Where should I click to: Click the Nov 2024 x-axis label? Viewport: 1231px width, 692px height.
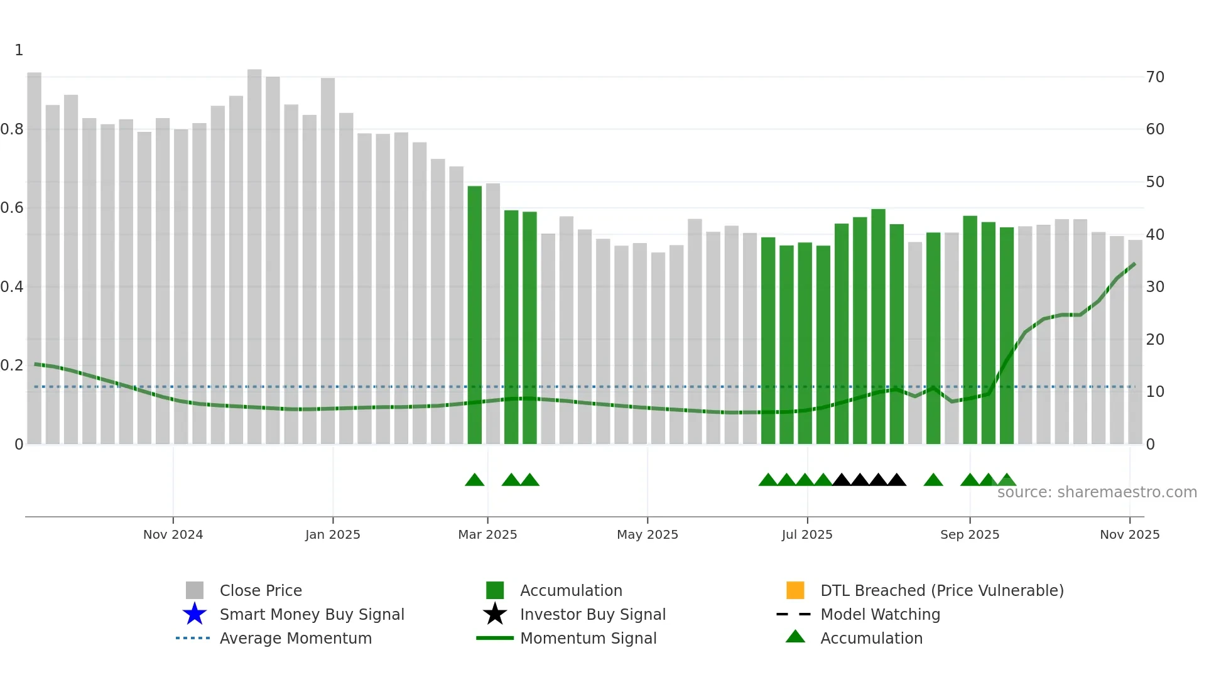tap(173, 534)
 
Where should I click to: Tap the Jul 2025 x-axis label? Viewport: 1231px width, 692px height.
tap(806, 534)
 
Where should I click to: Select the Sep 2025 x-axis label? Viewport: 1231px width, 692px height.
tap(969, 534)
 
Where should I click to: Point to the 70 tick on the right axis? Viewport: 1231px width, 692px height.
tap(1155, 77)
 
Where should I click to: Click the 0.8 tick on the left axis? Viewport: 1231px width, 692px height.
tap(13, 129)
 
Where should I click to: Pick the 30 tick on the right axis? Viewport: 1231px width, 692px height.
tap(1155, 287)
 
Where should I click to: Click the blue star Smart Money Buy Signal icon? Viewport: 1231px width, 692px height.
tap(195, 614)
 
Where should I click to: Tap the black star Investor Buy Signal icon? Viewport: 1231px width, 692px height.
tap(495, 614)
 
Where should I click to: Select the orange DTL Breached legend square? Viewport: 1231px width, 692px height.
tap(795, 590)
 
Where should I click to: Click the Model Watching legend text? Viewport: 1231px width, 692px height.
tap(880, 614)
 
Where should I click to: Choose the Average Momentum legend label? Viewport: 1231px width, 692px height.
tap(295, 638)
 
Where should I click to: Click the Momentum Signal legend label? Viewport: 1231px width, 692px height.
tap(588, 638)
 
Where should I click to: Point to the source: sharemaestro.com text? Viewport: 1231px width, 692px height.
tap(1097, 492)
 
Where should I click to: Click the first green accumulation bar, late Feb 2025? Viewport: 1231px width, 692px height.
tap(475, 314)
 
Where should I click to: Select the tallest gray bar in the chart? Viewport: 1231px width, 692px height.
tap(254, 257)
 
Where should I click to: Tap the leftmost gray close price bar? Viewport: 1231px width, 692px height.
tap(35, 257)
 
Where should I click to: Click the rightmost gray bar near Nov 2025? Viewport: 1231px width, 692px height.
tap(1135, 342)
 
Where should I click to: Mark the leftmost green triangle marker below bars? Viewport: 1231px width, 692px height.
tap(475, 480)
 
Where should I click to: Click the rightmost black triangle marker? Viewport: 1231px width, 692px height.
tap(897, 480)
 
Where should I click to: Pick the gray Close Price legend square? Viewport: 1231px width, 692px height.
tap(195, 590)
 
